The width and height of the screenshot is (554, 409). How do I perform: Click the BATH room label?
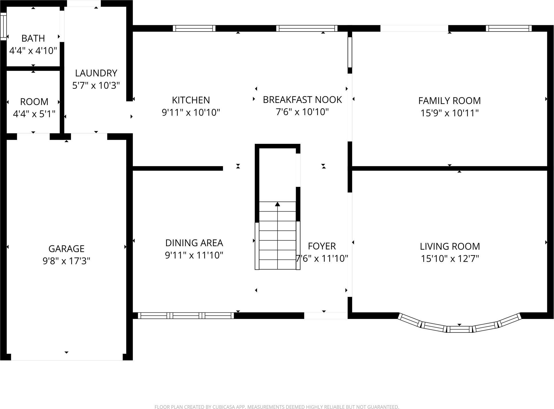pyautogui.click(x=33, y=38)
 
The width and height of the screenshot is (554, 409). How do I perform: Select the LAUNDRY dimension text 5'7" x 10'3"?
pyautogui.click(x=96, y=85)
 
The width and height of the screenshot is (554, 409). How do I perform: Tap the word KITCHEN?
pyautogui.click(x=191, y=100)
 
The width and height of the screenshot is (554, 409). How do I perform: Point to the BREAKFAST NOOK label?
pyautogui.click(x=302, y=100)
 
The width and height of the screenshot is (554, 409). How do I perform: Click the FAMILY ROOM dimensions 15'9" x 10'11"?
pyautogui.click(x=449, y=113)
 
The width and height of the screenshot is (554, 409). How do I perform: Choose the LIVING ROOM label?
pyautogui.click(x=450, y=246)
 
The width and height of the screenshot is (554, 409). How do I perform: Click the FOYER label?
pyautogui.click(x=322, y=246)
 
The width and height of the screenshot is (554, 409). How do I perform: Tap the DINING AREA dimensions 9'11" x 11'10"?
pyautogui.click(x=194, y=255)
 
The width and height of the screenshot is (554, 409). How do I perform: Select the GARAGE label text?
pyautogui.click(x=66, y=248)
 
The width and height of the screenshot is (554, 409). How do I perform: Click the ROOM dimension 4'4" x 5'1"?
pyautogui.click(x=34, y=114)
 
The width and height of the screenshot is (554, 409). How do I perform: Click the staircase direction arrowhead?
pyautogui.click(x=277, y=204)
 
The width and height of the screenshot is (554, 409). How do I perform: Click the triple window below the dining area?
pyautogui.click(x=186, y=316)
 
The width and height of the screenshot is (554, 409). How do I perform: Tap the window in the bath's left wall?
pyautogui.click(x=3, y=26)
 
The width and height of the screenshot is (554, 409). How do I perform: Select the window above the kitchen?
pyautogui.click(x=194, y=28)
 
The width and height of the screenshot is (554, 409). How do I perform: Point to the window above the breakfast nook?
pyautogui.click(x=307, y=28)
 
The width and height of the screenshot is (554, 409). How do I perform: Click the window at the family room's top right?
pyautogui.click(x=508, y=28)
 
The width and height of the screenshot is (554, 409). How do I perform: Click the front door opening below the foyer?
pyautogui.click(x=326, y=316)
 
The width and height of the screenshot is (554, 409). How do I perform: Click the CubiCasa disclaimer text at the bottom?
pyautogui.click(x=277, y=406)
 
